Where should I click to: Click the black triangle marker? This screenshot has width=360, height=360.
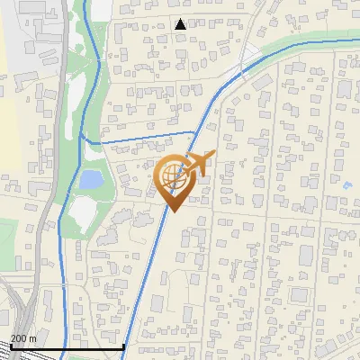click(x=181, y=24)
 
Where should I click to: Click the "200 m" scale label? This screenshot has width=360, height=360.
click(x=22, y=338)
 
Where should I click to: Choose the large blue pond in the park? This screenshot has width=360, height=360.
click(x=90, y=179)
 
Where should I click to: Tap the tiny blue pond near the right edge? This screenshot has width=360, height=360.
click(x=347, y=186)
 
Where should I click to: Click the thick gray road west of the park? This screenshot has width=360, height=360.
click(x=57, y=180)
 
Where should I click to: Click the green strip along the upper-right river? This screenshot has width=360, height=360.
click(x=306, y=41)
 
